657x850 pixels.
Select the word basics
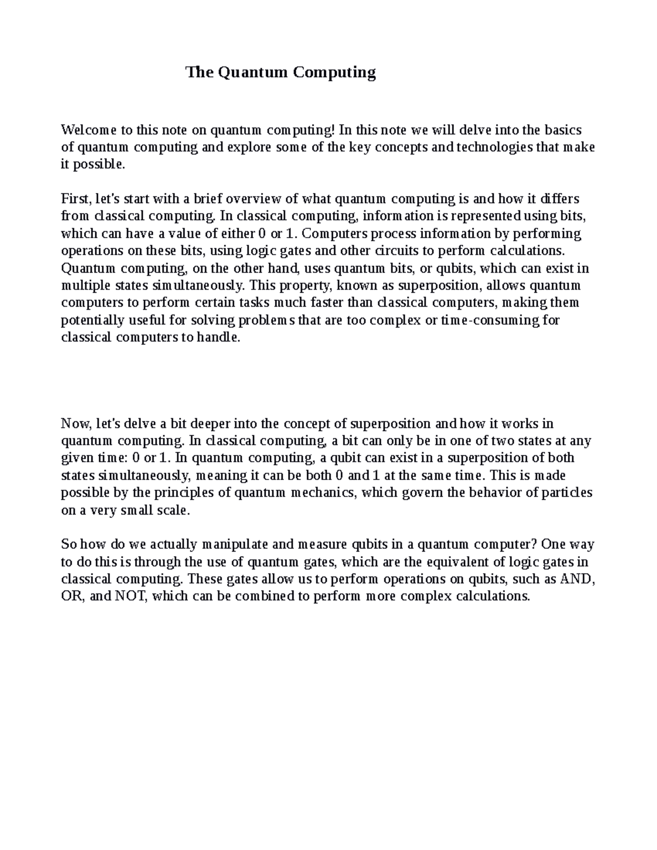(x=564, y=130)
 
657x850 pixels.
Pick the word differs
(x=560, y=199)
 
